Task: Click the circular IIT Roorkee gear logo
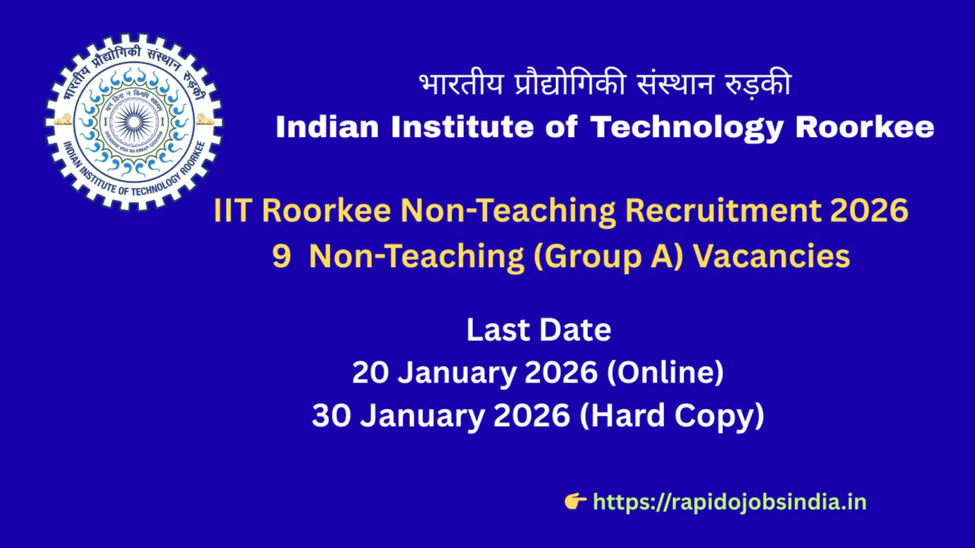pyautogui.click(x=134, y=122)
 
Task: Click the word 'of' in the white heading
pyautogui.click(x=562, y=128)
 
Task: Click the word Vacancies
pyautogui.click(x=771, y=256)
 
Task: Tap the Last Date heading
pyautogui.click(x=538, y=330)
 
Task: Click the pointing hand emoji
pyautogui.click(x=575, y=501)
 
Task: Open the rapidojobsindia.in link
pyautogui.click(x=730, y=502)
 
